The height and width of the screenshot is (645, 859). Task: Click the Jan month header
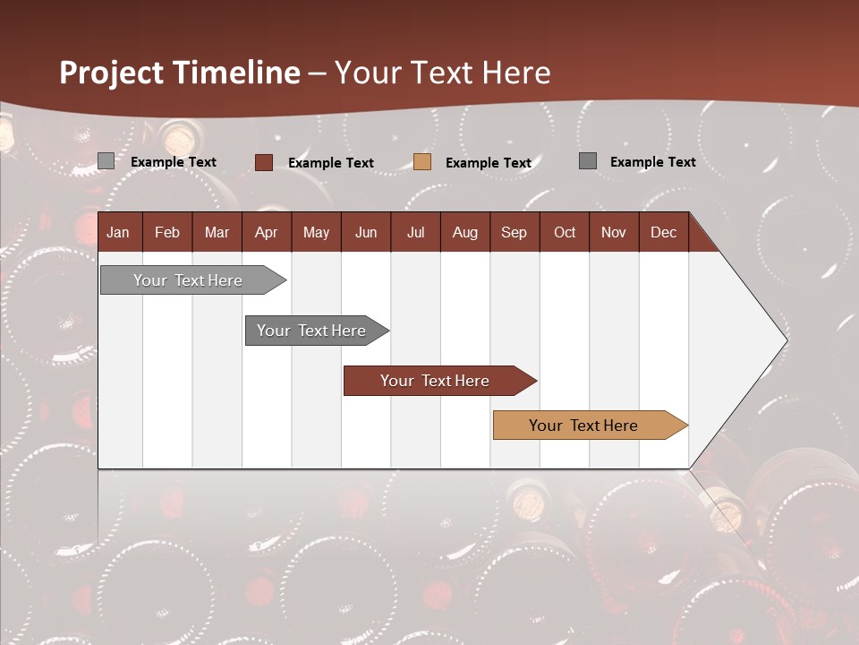coord(118,232)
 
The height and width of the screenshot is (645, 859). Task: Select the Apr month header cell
coord(266,232)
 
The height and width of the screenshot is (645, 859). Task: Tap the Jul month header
coord(415,232)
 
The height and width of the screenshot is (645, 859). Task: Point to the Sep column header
coord(514,232)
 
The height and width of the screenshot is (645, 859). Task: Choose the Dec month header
coord(663,232)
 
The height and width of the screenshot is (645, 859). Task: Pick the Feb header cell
coord(167,232)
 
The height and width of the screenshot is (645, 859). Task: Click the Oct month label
coord(565,232)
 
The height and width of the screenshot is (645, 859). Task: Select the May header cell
coord(316,232)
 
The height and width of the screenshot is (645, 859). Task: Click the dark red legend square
coord(264,162)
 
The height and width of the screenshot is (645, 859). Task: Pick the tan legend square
coord(422,162)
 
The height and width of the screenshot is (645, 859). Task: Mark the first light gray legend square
coord(106,161)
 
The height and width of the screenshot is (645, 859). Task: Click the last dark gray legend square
coord(588,161)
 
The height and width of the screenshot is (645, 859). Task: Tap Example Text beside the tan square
coord(489,163)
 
